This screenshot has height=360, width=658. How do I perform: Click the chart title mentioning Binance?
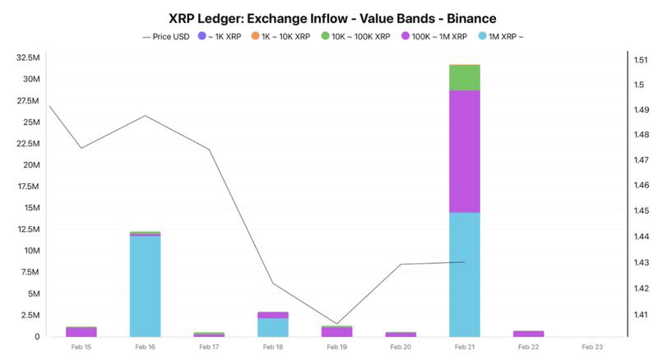pos(329,17)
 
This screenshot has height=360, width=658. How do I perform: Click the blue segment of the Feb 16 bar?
pos(145,286)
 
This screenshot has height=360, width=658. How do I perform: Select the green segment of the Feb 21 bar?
pos(465,77)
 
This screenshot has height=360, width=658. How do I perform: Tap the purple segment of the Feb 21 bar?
pos(465,151)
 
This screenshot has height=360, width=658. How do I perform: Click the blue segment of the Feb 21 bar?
pos(465,275)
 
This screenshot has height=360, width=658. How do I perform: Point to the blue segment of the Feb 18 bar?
pos(273,327)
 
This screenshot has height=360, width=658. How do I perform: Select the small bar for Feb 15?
pos(81,332)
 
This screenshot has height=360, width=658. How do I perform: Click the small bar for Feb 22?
pos(528,334)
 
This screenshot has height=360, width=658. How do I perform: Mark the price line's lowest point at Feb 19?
pos(336,324)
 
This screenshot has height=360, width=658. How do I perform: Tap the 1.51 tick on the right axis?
pos(642,59)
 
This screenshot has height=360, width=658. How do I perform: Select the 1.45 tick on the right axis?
pos(642,211)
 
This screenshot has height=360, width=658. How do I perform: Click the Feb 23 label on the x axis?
pos(592,348)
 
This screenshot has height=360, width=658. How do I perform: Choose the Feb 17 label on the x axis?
pos(209,348)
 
